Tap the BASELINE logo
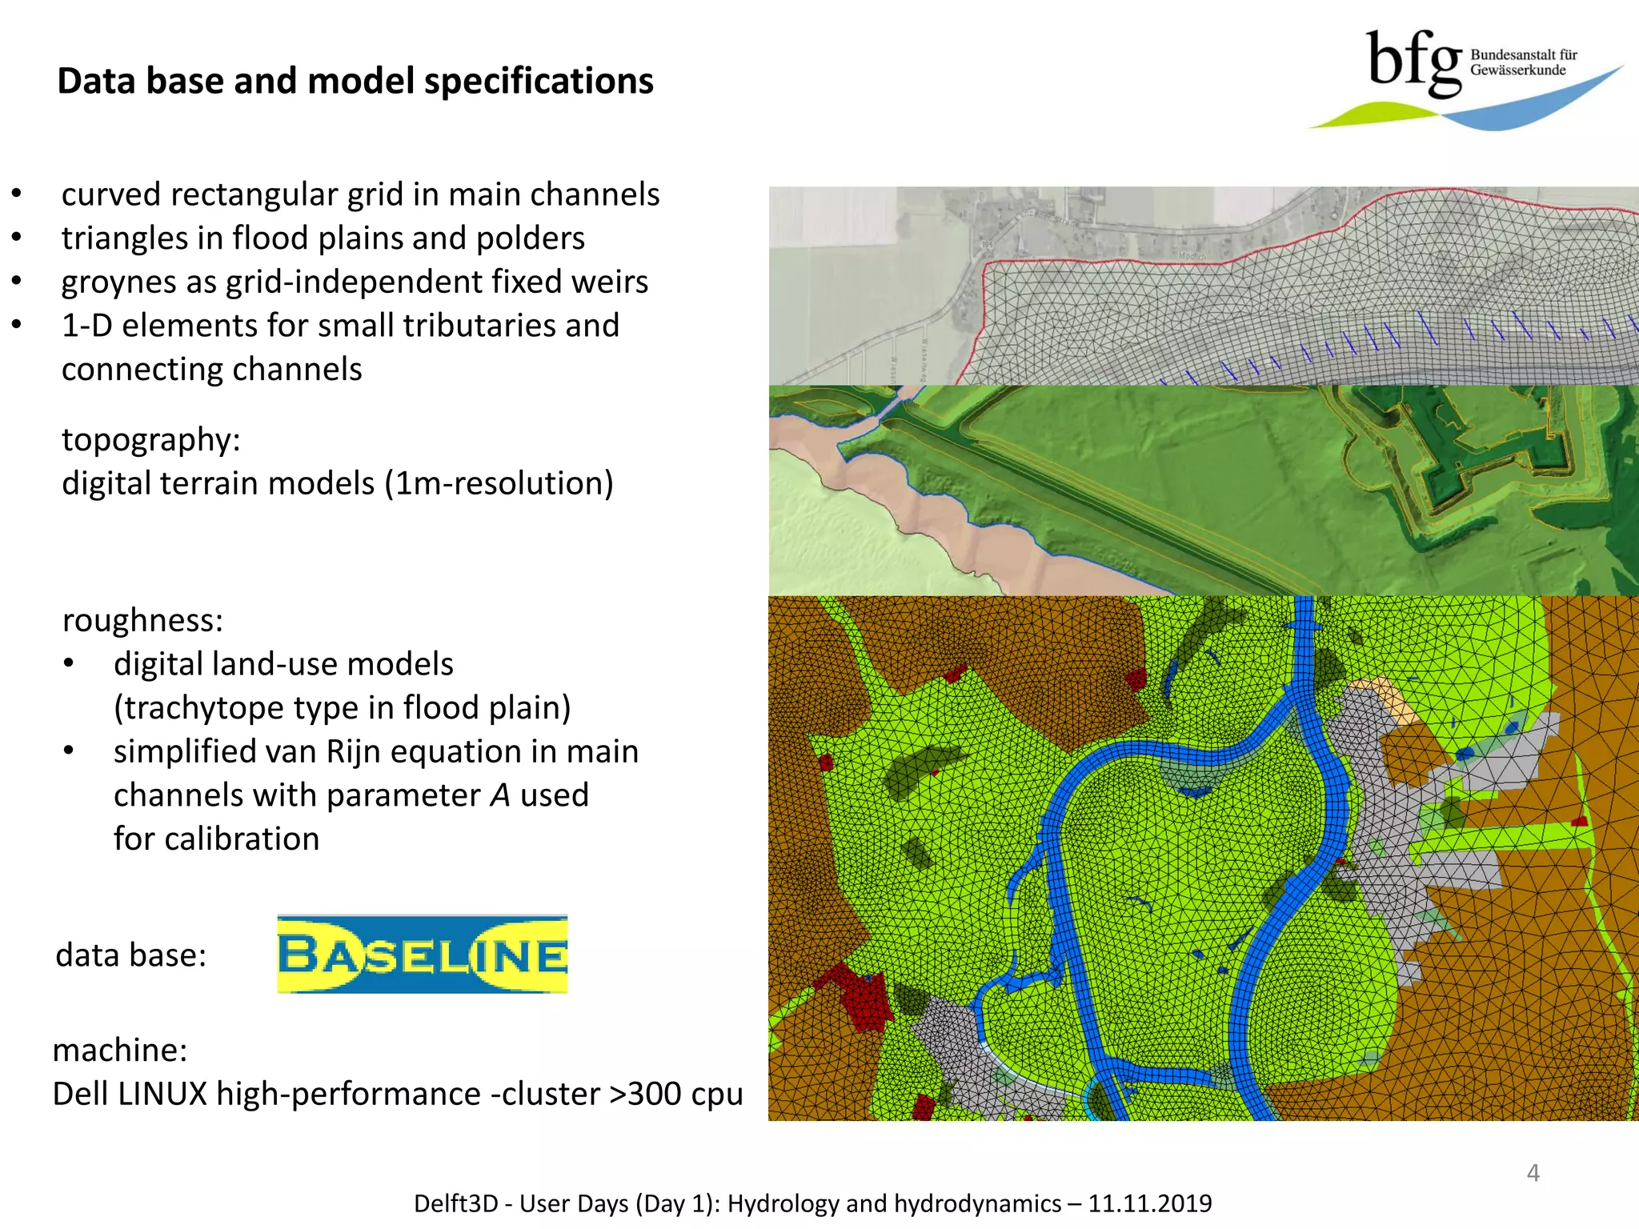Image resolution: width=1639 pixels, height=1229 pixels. pyautogui.click(x=422, y=955)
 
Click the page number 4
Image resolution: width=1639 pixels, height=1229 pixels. pyautogui.click(x=1533, y=1173)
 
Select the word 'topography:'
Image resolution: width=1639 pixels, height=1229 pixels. pyautogui.click(x=151, y=440)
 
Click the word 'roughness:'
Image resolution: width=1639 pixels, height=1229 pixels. pyautogui.click(x=142, y=620)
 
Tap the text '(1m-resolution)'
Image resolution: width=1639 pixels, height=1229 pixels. pyautogui.click(x=499, y=483)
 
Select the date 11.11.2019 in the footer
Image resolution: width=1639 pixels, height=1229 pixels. pyautogui.click(x=1150, y=1203)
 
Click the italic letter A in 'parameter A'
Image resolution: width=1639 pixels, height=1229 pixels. pyautogui.click(x=500, y=795)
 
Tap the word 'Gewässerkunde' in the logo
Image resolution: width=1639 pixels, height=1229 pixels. pyautogui.click(x=1517, y=70)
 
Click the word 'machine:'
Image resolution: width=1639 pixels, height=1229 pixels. pyautogui.click(x=120, y=1050)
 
